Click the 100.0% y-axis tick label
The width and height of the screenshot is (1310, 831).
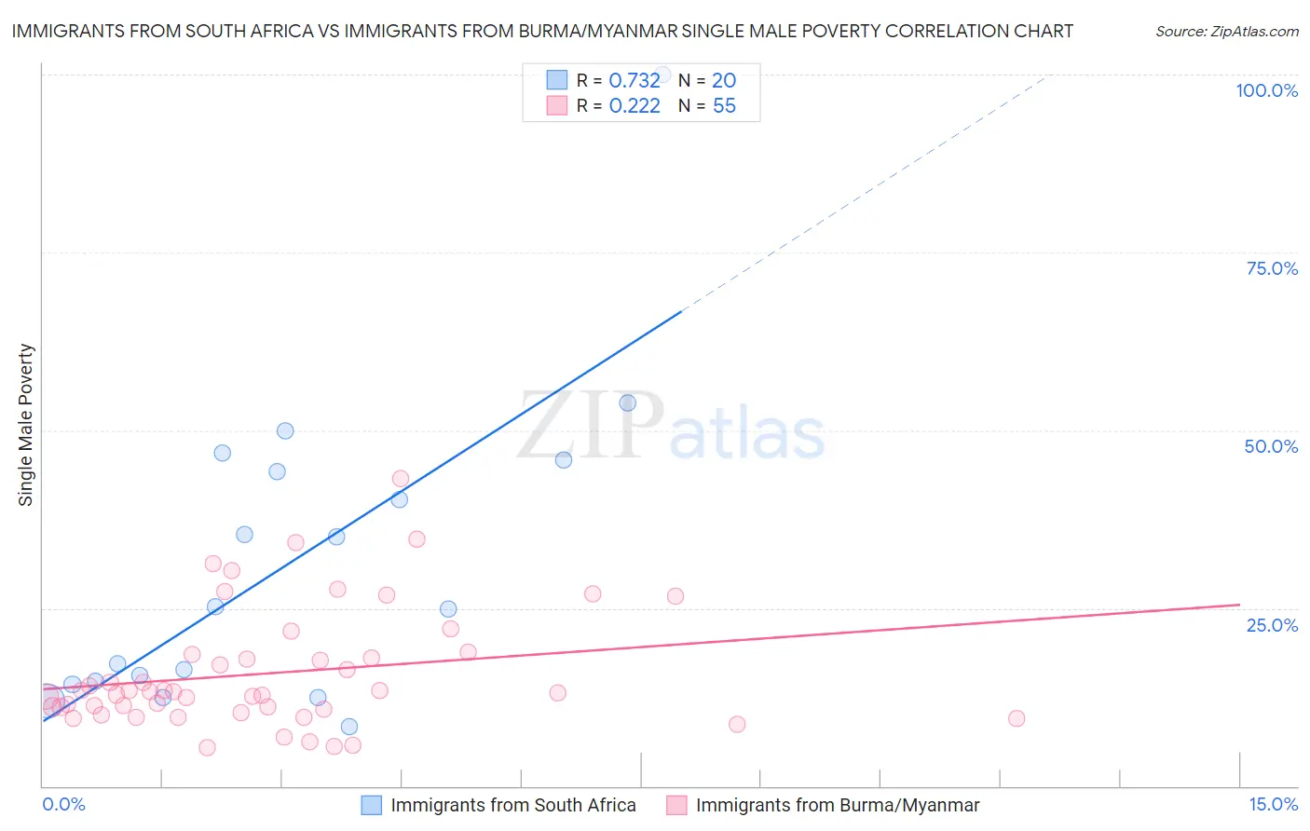coord(1266,90)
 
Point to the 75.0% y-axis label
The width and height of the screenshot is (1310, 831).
coord(1272,268)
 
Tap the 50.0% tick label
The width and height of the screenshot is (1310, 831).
coord(1271,446)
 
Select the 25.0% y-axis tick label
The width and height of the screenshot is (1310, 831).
coord(1272,624)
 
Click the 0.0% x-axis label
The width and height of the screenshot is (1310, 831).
coord(63,804)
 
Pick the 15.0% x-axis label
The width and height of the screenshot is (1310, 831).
coord(1273,804)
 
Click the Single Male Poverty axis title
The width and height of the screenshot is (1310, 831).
coord(26,425)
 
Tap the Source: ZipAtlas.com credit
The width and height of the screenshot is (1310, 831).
coord(1226,32)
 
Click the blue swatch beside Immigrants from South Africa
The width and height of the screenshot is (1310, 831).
coord(371,805)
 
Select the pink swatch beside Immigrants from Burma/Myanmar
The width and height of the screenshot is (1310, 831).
coord(676,805)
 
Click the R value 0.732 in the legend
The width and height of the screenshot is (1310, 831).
coord(634,81)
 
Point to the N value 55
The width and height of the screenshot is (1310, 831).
coord(724,106)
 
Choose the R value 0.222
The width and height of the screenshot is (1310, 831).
coord(634,106)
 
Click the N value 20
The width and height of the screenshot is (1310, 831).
coord(724,81)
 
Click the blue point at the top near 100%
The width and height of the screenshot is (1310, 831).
coord(662,75)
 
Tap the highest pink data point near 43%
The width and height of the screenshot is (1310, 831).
coord(401,479)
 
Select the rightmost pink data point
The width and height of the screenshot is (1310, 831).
coord(1017,718)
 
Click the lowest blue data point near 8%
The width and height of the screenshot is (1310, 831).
coord(349,727)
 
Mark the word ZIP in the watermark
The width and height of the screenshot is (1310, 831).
coord(591,426)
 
